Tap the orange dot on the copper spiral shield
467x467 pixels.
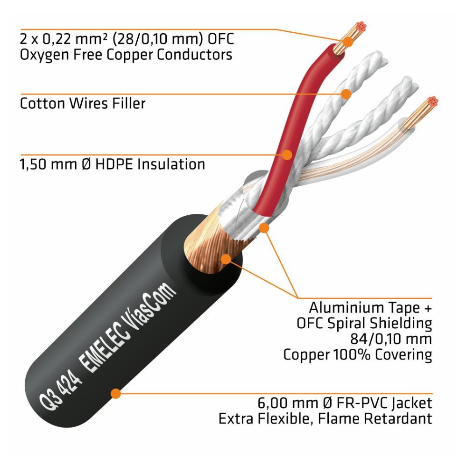pyautogui.click(x=226, y=260)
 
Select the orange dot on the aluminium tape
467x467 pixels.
pyautogui.click(x=264, y=228)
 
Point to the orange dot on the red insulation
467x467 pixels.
pyautogui.click(x=287, y=154)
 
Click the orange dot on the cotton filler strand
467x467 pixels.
pyautogui.click(x=346, y=94)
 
